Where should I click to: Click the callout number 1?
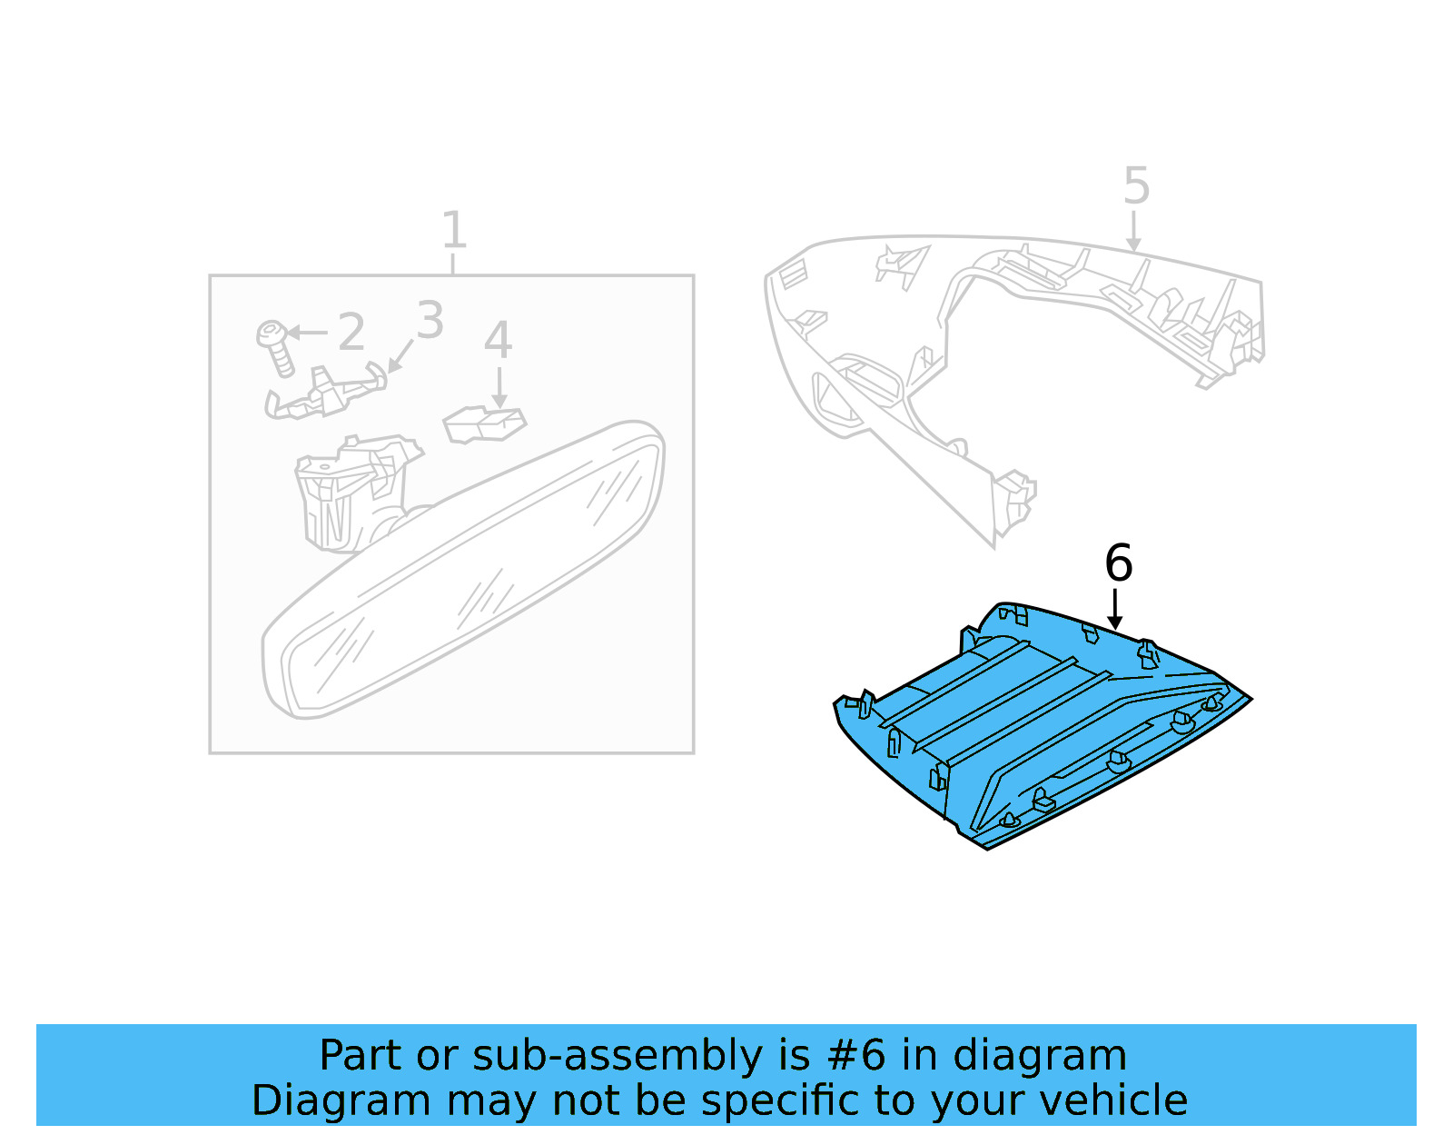453,231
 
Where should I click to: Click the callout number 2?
351,333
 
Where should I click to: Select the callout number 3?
430,321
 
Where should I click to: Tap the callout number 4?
498,341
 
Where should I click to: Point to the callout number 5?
1136,186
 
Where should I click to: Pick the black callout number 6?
1118,563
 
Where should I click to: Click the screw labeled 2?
275,346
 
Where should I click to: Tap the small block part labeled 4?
483,424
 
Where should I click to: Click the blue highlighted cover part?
1026,727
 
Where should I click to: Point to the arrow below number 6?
1115,609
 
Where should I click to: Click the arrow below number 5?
1132,232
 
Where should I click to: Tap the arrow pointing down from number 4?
499,388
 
